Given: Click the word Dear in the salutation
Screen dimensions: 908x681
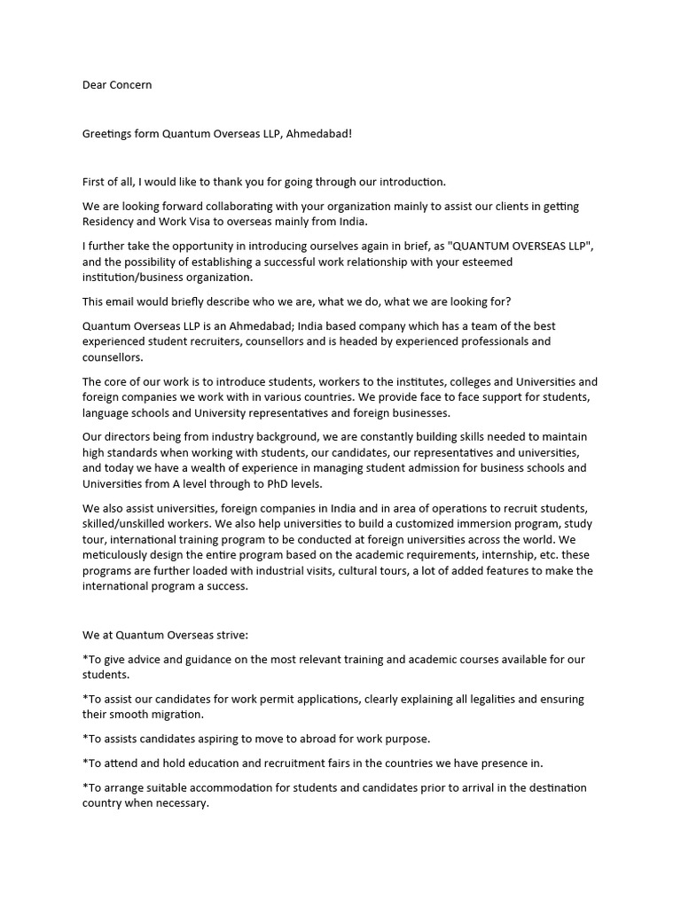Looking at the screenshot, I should coord(95,85).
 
